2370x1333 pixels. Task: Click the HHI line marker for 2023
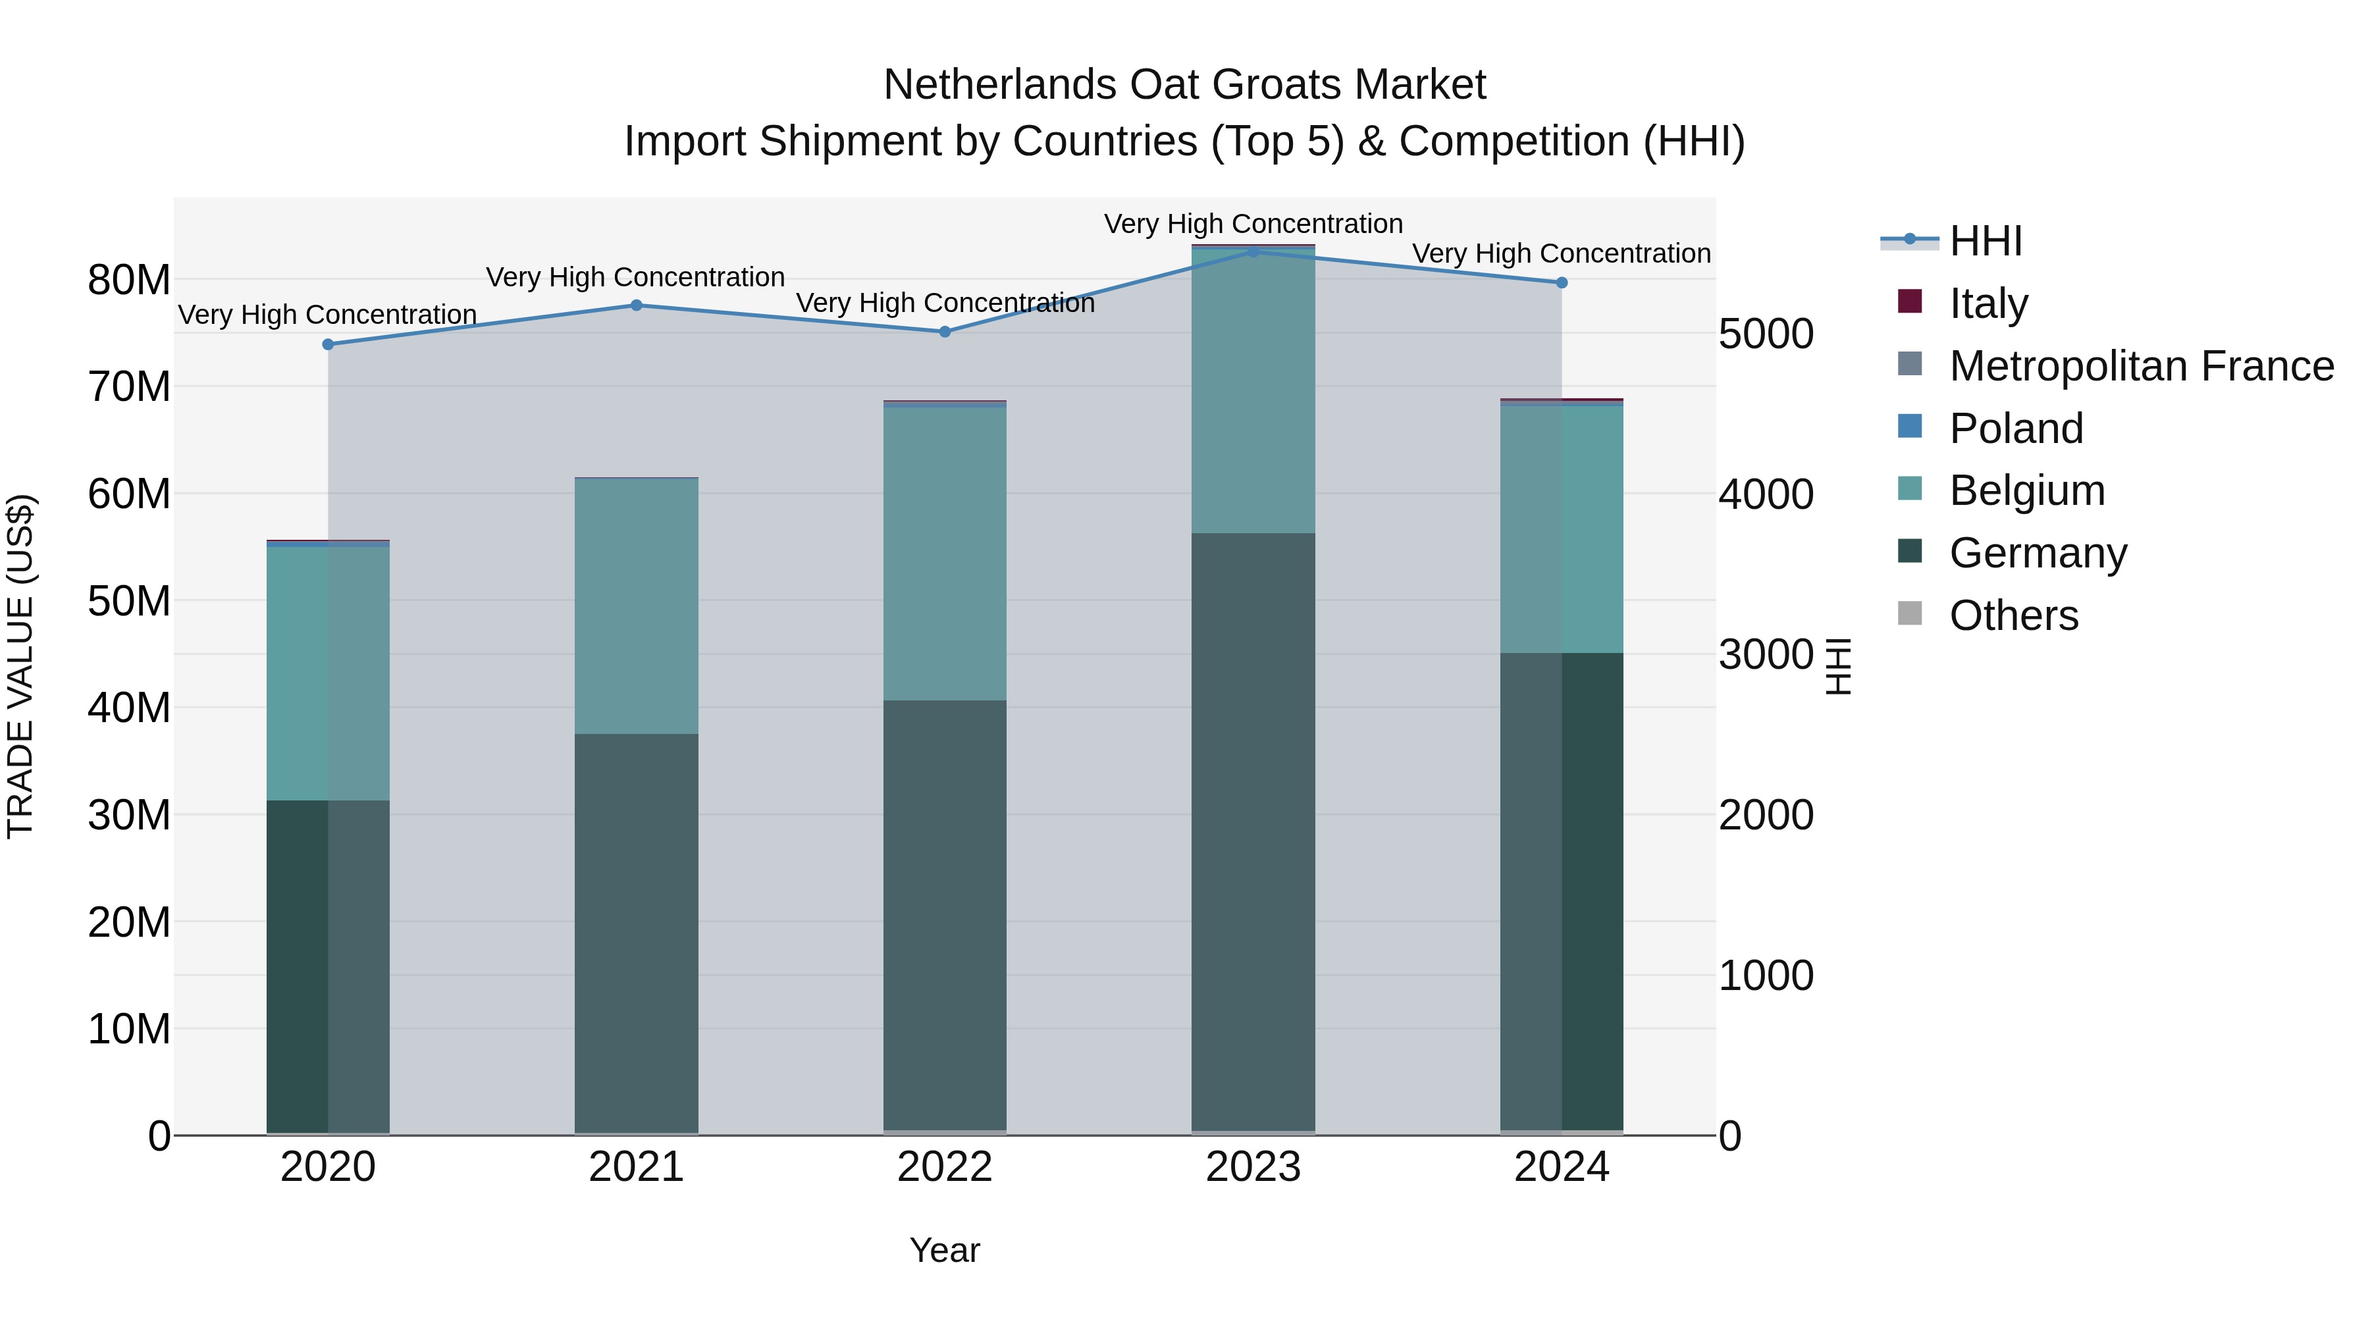tap(1253, 252)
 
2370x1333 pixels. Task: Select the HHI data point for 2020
tap(329, 344)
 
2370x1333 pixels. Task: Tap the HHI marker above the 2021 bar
tap(637, 305)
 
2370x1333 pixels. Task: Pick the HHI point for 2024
tap(1562, 282)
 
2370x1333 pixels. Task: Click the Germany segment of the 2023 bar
tap(1253, 828)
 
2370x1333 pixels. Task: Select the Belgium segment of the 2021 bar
tap(637, 607)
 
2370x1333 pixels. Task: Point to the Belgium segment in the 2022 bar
tap(945, 552)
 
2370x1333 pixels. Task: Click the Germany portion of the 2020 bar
tap(329, 966)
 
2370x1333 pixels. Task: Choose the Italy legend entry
tap(1988, 303)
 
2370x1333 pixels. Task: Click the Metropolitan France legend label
tap(2141, 365)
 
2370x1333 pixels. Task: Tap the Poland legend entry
tap(2015, 428)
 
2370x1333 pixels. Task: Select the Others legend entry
tap(2013, 615)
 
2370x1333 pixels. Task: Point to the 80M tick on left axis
tap(129, 280)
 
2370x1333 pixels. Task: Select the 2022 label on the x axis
tap(945, 1167)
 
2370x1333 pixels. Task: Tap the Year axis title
tap(945, 1250)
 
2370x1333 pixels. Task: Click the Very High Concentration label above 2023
tap(1253, 224)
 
